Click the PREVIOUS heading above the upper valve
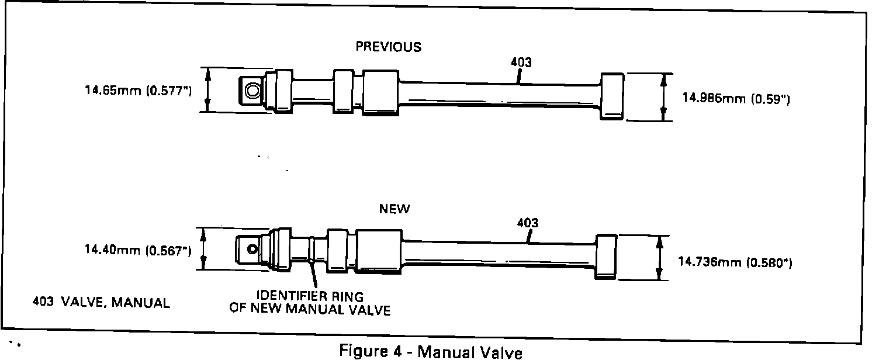click(389, 47)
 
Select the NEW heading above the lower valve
click(394, 209)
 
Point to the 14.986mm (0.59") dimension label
click(736, 99)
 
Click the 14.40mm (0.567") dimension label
click(138, 251)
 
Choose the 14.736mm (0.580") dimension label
click(735, 263)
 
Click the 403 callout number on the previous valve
click(521, 62)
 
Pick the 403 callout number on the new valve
click(528, 223)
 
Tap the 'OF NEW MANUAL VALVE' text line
click(310, 310)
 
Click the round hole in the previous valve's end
click(254, 91)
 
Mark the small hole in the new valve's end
click(252, 249)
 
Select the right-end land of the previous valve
click(612, 97)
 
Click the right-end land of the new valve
click(605, 256)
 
